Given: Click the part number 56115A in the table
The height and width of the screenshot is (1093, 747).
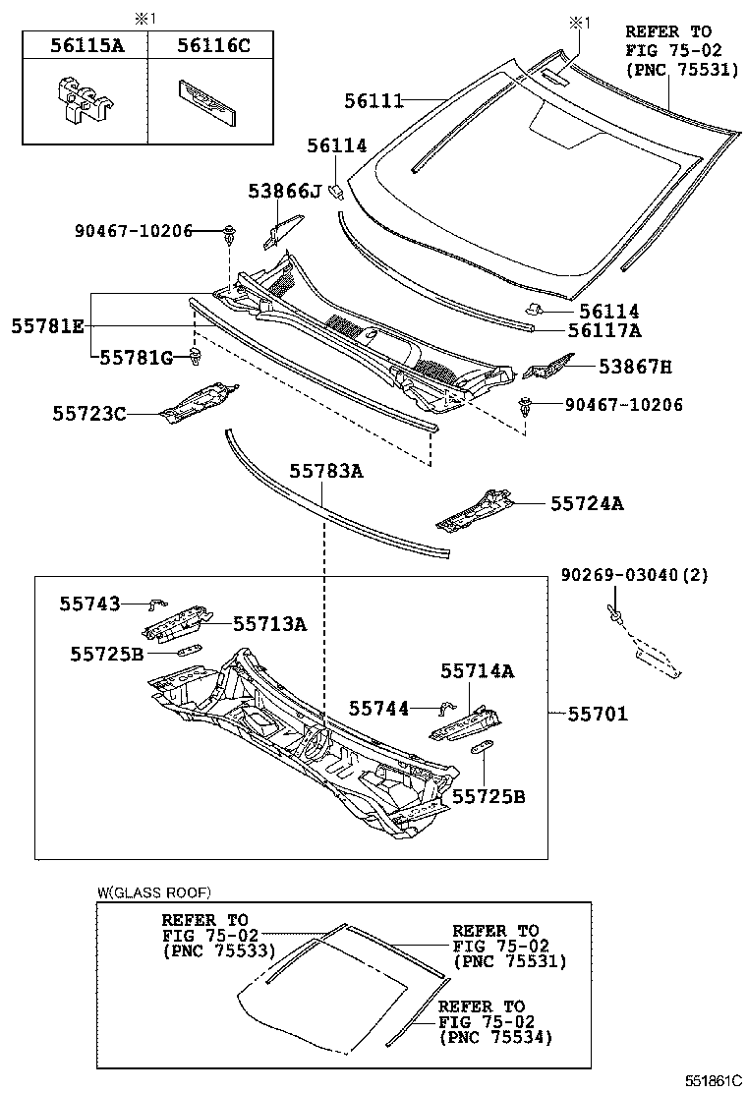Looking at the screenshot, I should point(85,44).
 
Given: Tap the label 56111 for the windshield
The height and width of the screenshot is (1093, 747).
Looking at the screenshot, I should point(374,100).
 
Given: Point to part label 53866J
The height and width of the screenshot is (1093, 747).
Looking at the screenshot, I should point(285,191).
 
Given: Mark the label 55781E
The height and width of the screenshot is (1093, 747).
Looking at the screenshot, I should point(48,325).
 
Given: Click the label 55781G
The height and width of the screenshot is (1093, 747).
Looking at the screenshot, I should point(136,358).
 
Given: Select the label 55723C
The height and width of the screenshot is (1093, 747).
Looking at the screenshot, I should point(89,414).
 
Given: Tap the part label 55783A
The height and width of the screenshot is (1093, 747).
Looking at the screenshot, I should point(325,472).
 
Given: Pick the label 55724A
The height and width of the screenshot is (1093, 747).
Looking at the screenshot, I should point(587,504).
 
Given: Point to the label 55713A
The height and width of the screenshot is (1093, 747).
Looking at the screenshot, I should point(269,623).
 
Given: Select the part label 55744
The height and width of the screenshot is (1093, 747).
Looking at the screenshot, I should point(379,708).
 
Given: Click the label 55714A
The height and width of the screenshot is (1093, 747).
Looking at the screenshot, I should point(477,671).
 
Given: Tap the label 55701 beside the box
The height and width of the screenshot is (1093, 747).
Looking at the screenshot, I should point(597,714).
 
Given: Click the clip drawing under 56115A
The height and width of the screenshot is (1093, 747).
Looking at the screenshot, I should point(82,100).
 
